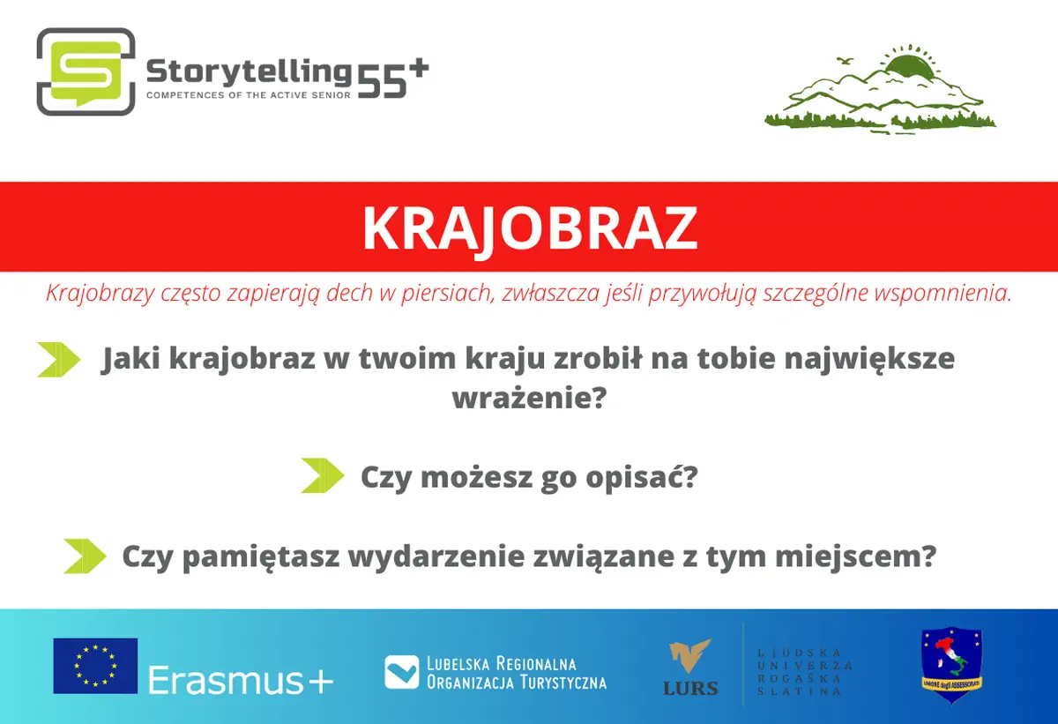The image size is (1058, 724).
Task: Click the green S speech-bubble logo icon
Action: click(x=86, y=71)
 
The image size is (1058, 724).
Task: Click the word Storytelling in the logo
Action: click(x=249, y=72)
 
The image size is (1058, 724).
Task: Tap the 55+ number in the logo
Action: click(x=393, y=78)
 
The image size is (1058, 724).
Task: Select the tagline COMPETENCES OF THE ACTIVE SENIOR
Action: click(x=249, y=95)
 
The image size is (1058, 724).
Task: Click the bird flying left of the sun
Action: click(x=846, y=61)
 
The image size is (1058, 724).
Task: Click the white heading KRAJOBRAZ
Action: click(x=530, y=228)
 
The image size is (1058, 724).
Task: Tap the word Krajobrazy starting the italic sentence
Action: click(x=101, y=294)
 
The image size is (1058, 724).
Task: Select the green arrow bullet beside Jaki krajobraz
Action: click(x=58, y=360)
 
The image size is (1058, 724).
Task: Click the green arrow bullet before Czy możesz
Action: click(x=323, y=475)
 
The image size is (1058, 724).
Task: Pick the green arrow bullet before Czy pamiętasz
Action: click(x=85, y=556)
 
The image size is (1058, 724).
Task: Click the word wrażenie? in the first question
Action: click(x=529, y=399)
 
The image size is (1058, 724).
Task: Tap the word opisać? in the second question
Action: click(x=642, y=476)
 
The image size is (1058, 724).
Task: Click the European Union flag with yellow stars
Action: click(x=95, y=666)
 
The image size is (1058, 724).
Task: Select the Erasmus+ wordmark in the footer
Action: click(x=241, y=680)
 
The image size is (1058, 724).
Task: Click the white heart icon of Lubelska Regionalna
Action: click(x=401, y=672)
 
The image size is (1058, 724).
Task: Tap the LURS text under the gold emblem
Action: click(x=690, y=688)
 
